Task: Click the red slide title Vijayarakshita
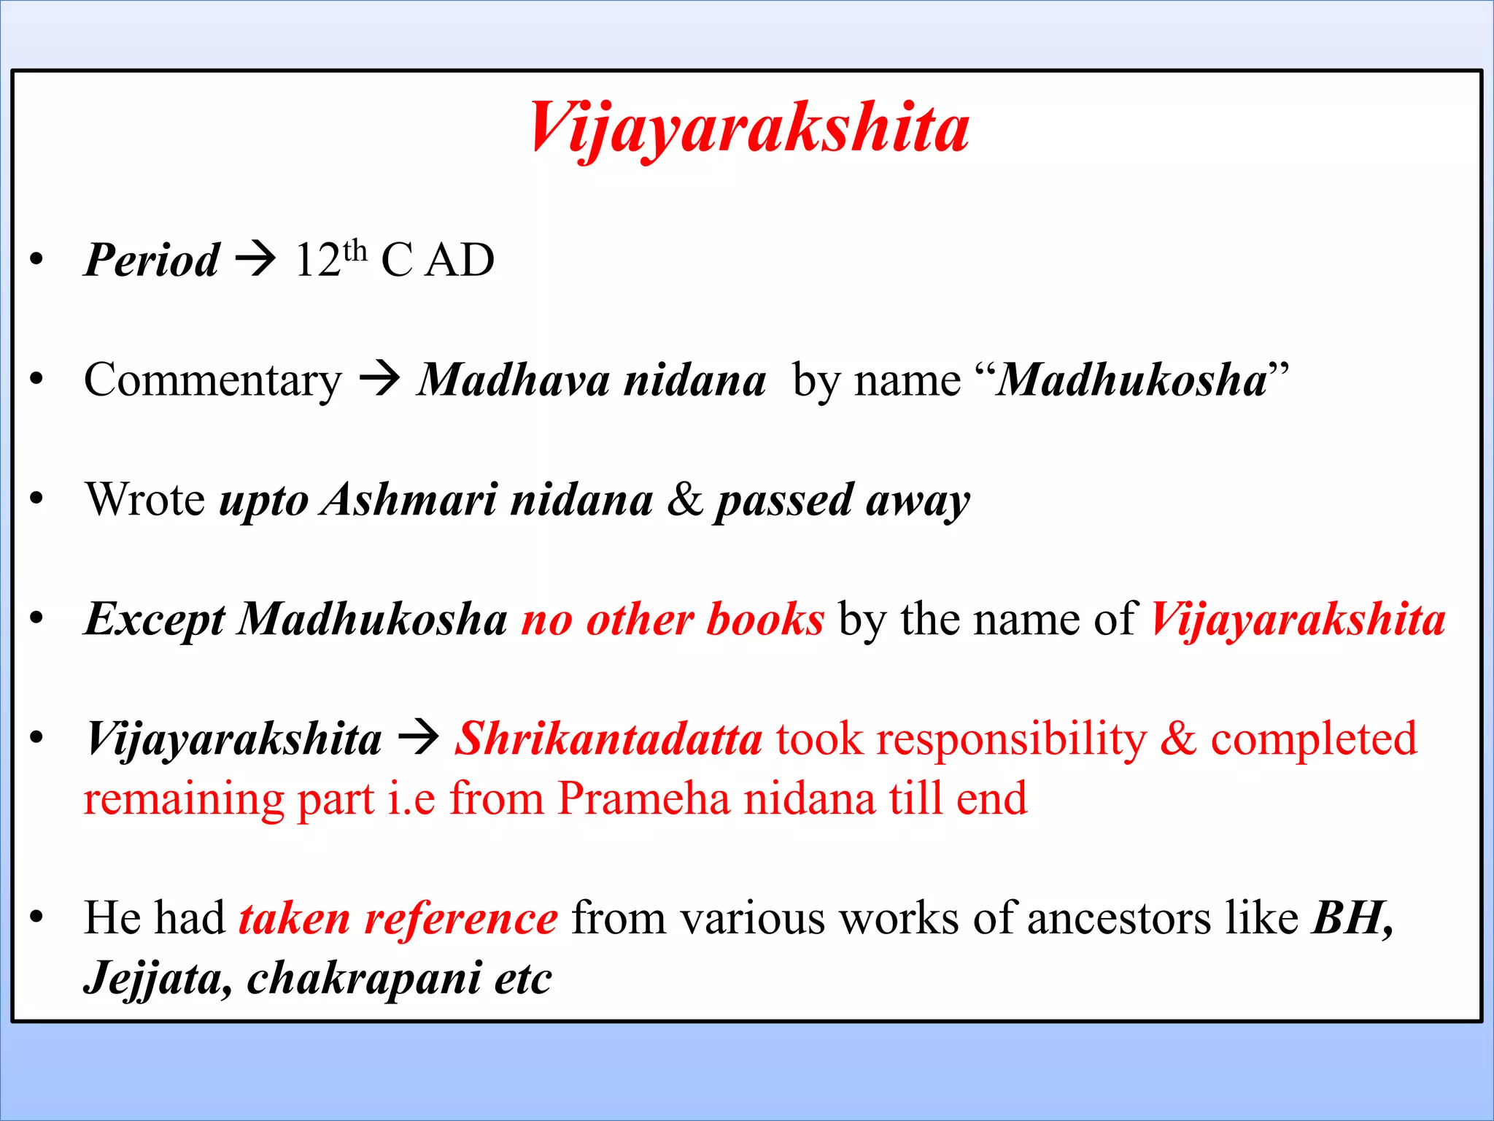(749, 129)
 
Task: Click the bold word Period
(151, 260)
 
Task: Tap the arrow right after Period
(255, 258)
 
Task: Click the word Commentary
(212, 380)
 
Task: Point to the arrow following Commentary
(380, 379)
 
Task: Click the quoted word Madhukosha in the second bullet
(1131, 380)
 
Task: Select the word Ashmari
(409, 500)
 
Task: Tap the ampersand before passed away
(685, 500)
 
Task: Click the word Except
(154, 620)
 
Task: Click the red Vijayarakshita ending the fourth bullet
(1298, 620)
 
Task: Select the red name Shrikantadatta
(608, 739)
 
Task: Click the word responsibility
(1012, 739)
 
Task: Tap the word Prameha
(643, 798)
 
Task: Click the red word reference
(461, 918)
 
